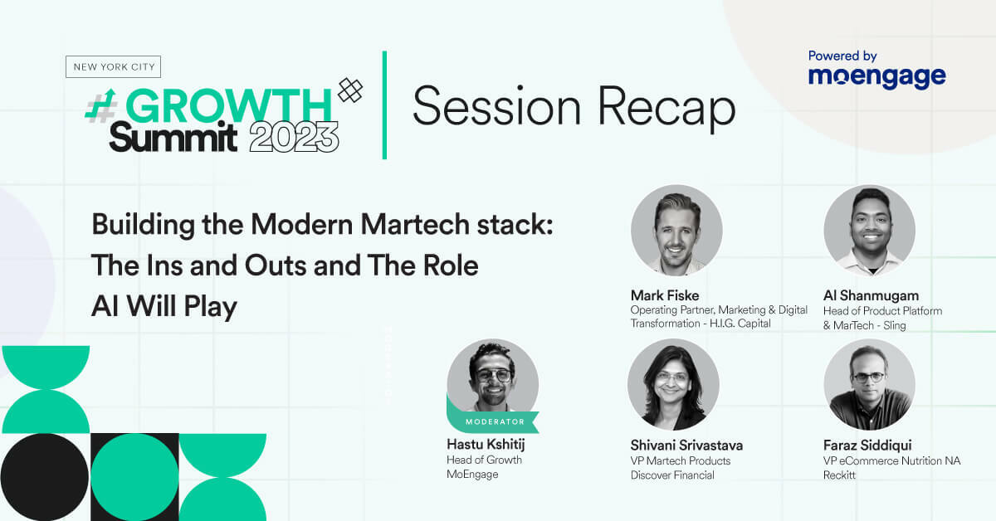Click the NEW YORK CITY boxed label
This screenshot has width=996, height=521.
(x=113, y=66)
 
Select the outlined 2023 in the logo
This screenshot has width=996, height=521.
(x=294, y=136)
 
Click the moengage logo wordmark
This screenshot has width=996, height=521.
(x=876, y=77)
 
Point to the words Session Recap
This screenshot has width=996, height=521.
(x=574, y=109)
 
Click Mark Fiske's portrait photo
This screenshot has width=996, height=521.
(x=676, y=230)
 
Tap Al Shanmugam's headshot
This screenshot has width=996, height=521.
(x=869, y=230)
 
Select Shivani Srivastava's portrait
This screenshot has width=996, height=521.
(x=673, y=384)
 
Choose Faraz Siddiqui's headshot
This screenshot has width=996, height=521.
(x=869, y=384)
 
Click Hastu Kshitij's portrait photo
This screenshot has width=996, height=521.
(x=492, y=377)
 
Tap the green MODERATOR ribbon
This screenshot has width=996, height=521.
(x=495, y=421)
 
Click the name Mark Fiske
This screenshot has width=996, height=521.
(x=665, y=295)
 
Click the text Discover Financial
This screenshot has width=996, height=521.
(x=672, y=475)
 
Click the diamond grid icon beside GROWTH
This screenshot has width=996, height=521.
(x=350, y=90)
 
